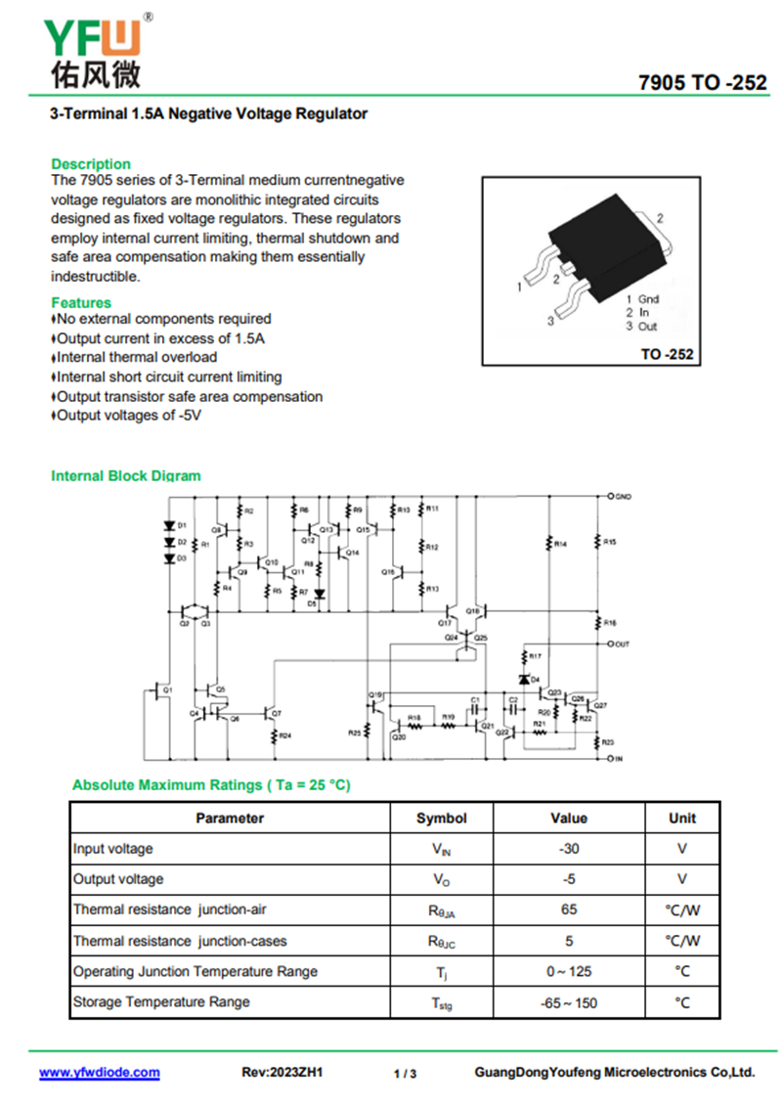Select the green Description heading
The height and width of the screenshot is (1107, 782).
click(91, 164)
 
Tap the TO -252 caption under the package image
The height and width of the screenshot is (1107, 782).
click(667, 354)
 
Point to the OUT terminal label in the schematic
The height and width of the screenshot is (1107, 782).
click(622, 644)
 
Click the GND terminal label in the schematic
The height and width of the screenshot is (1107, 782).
click(623, 497)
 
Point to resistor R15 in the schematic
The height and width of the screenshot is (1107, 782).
click(598, 541)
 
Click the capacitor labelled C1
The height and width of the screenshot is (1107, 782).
click(474, 707)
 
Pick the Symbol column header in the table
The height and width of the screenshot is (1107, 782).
click(442, 819)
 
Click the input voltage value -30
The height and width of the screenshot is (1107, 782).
click(569, 849)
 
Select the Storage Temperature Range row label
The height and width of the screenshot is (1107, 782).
click(161, 1001)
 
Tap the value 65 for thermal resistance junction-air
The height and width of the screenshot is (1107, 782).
click(569, 909)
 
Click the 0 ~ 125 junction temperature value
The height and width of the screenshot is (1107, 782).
click(569, 971)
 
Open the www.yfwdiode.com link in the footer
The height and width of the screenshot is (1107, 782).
click(100, 1073)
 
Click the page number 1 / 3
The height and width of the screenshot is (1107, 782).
click(405, 1074)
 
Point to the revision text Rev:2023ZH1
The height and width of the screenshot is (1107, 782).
click(282, 1073)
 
